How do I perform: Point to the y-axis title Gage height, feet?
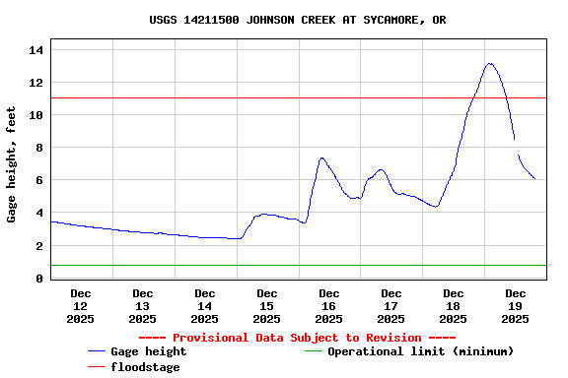(12, 164)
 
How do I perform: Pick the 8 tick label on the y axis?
(40, 148)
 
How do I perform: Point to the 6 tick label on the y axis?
(40, 180)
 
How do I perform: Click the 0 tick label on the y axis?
(40, 279)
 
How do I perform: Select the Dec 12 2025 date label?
(81, 305)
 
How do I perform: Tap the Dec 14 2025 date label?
(205, 305)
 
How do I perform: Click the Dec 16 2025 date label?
(329, 305)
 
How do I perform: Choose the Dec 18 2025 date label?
(454, 305)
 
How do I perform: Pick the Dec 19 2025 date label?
(516, 305)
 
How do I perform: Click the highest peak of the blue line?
(490, 64)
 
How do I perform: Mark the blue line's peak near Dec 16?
(321, 157)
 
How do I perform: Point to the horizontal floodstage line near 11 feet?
(296, 97)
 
